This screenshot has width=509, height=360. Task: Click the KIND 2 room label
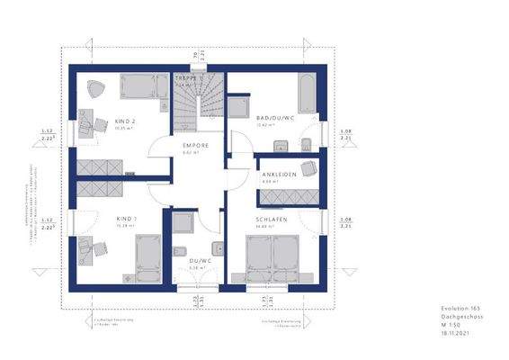click(x=126, y=121)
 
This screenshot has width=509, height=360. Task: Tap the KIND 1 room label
click(x=125, y=219)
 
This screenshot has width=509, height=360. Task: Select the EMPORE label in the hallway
click(x=196, y=145)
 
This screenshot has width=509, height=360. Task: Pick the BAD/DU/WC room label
click(x=274, y=118)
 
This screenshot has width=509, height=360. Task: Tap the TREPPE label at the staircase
click(x=187, y=79)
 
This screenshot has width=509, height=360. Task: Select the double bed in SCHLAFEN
click(x=275, y=256)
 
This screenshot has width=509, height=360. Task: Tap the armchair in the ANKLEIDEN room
click(x=308, y=167)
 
